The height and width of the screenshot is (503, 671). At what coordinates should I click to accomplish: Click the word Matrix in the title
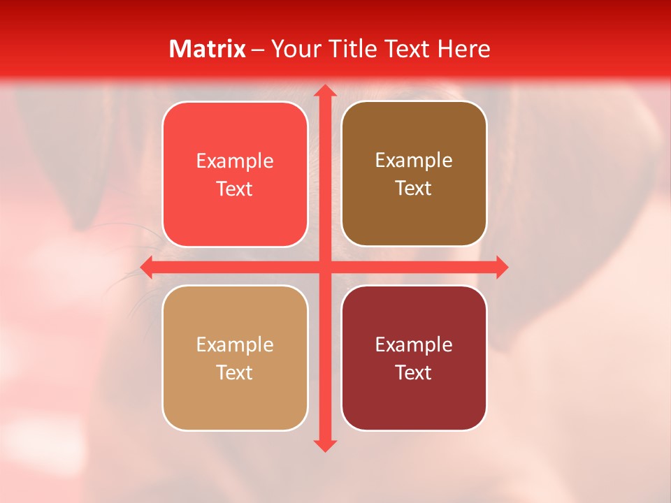tap(208, 49)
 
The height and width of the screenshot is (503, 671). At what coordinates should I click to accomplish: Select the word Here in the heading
tap(463, 49)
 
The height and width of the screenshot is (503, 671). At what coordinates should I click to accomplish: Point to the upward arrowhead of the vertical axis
tap(324, 91)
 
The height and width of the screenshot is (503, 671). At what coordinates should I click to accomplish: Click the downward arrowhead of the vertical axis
tap(324, 445)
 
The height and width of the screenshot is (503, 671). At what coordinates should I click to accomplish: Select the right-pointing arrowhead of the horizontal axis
tap(501, 267)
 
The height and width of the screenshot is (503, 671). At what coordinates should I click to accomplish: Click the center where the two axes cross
tap(324, 267)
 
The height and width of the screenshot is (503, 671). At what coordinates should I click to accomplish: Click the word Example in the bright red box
tap(235, 161)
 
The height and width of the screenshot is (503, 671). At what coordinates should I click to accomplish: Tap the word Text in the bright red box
tap(235, 189)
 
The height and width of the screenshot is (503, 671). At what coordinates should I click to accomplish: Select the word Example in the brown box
tap(414, 161)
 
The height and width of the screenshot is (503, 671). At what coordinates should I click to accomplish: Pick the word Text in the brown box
tap(414, 188)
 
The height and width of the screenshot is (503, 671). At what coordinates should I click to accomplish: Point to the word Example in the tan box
tap(235, 345)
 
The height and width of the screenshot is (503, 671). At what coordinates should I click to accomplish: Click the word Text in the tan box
tap(235, 372)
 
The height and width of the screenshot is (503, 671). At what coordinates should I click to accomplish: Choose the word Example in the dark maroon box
tap(414, 345)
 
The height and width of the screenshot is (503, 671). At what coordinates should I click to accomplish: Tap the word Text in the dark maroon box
tap(414, 372)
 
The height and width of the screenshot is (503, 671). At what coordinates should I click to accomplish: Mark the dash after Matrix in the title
tap(259, 50)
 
